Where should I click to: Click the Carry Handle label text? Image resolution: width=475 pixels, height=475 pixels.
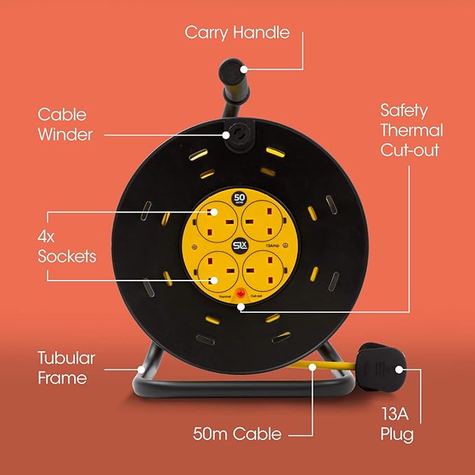237,33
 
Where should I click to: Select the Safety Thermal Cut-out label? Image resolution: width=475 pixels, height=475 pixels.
411,130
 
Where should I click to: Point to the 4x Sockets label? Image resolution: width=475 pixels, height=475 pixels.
67,246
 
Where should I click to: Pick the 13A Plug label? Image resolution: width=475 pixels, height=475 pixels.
397,425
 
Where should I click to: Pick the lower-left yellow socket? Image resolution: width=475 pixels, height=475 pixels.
213,270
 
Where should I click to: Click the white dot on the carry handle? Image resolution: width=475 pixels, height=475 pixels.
242,69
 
